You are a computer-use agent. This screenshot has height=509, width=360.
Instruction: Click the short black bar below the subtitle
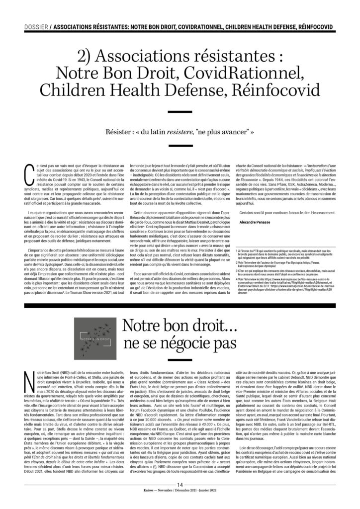pyautogui.click(x=180, y=151)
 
